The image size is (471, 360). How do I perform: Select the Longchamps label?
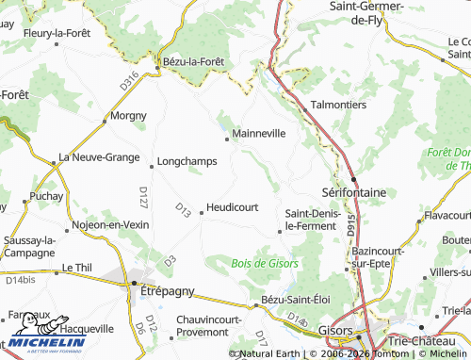(x=187, y=161)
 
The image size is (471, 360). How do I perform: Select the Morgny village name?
(x=129, y=116)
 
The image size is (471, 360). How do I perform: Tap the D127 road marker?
(x=144, y=198)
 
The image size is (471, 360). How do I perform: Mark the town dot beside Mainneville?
(x=227, y=139)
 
